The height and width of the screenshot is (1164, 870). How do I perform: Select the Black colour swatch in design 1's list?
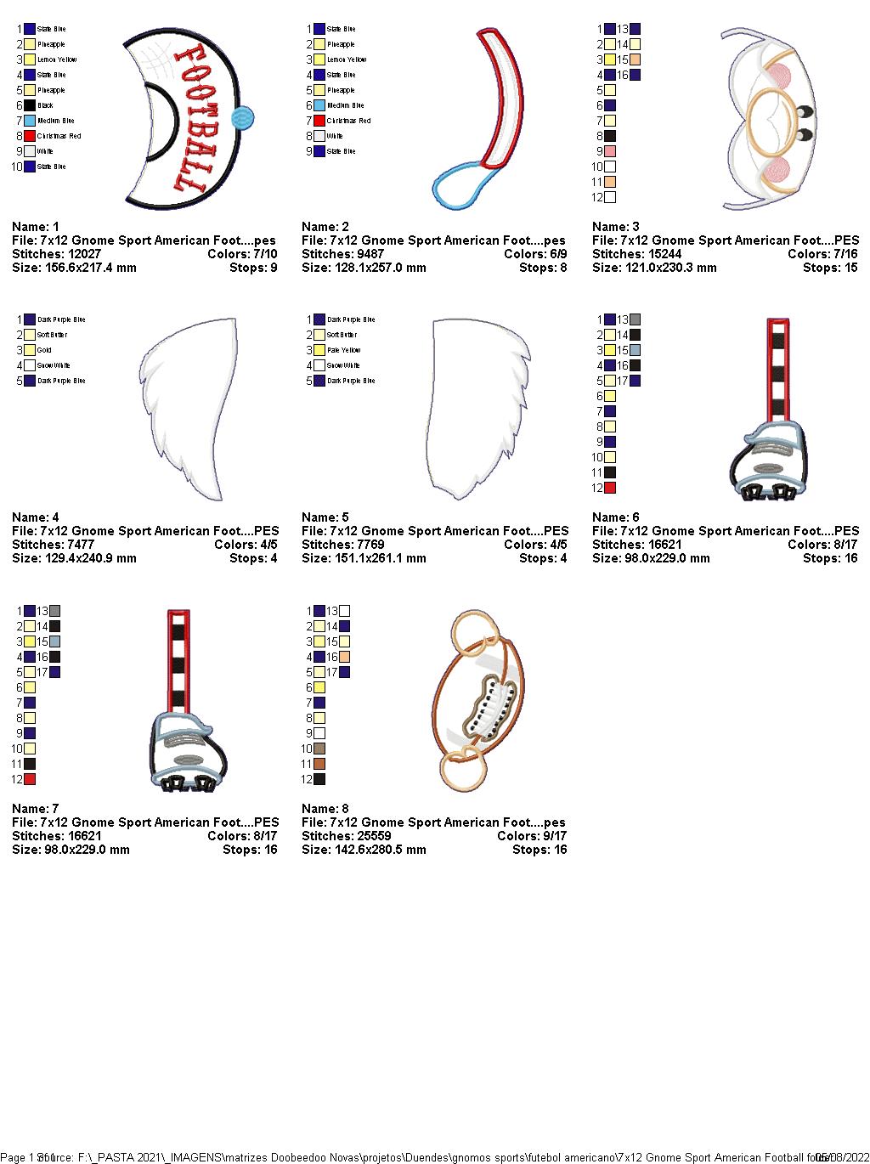tap(30, 105)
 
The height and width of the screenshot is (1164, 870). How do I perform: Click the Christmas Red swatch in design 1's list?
tap(30, 136)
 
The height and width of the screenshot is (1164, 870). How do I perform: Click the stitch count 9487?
tap(365, 254)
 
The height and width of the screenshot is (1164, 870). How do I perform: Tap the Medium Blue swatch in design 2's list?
tap(319, 105)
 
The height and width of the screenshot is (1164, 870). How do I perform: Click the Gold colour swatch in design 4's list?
tap(30, 350)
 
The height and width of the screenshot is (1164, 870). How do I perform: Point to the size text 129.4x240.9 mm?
tap(90, 558)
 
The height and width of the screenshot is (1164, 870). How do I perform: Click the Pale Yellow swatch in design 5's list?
tap(319, 350)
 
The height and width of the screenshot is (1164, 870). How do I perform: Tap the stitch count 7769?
tap(365, 545)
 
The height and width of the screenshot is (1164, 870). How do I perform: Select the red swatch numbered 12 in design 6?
tap(610, 488)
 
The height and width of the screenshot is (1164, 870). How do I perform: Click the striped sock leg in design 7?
tap(178, 663)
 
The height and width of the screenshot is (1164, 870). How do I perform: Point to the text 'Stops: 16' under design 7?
tap(250, 850)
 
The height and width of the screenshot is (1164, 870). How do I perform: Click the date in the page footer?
tap(842, 1157)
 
